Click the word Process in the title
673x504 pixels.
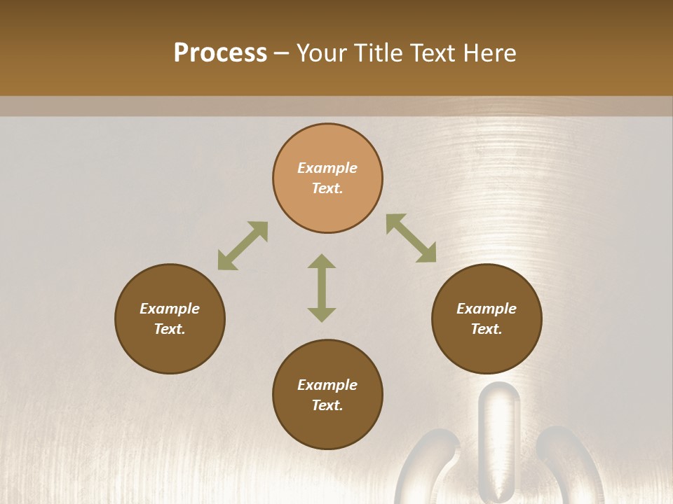(x=220, y=53)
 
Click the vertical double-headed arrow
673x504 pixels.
(x=322, y=288)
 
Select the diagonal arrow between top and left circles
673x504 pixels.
(x=243, y=246)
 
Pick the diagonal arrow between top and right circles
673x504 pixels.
(x=411, y=239)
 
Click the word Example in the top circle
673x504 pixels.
(x=327, y=168)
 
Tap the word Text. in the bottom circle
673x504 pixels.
(x=327, y=405)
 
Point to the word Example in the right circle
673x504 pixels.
(x=487, y=309)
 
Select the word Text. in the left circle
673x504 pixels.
(x=170, y=329)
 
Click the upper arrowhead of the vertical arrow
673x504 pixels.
(x=322, y=262)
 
